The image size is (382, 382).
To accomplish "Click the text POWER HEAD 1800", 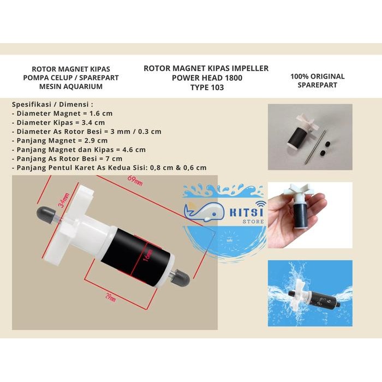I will (x=206, y=77).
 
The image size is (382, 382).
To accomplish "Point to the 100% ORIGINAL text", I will (x=318, y=77).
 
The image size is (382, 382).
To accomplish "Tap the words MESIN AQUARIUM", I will (x=71, y=86).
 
